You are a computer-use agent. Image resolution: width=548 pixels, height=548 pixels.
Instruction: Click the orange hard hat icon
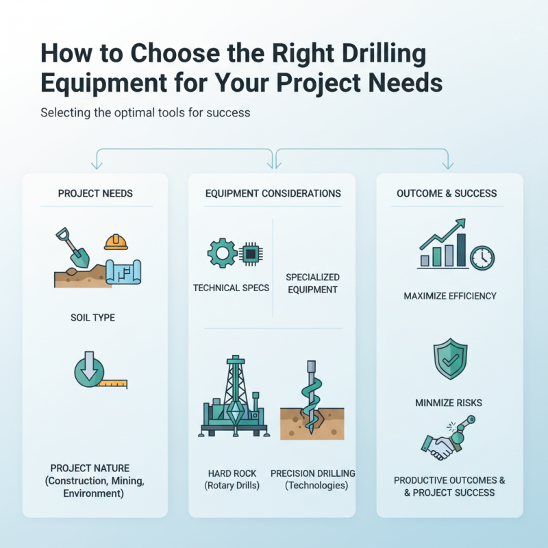(x=117, y=241)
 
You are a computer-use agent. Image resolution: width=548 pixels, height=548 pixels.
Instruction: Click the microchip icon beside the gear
(x=251, y=253)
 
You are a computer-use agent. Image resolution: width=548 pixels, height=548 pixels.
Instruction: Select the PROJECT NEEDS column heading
(x=95, y=194)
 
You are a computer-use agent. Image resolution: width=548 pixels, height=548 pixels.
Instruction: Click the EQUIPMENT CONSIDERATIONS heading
(x=273, y=194)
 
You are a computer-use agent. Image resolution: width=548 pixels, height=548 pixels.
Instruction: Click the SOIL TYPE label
(x=92, y=318)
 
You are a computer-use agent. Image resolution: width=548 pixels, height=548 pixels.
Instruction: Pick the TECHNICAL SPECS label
(x=231, y=288)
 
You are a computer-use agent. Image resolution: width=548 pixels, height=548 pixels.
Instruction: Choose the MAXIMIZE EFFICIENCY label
(x=450, y=296)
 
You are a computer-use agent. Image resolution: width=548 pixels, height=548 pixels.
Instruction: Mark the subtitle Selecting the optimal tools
(x=145, y=112)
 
